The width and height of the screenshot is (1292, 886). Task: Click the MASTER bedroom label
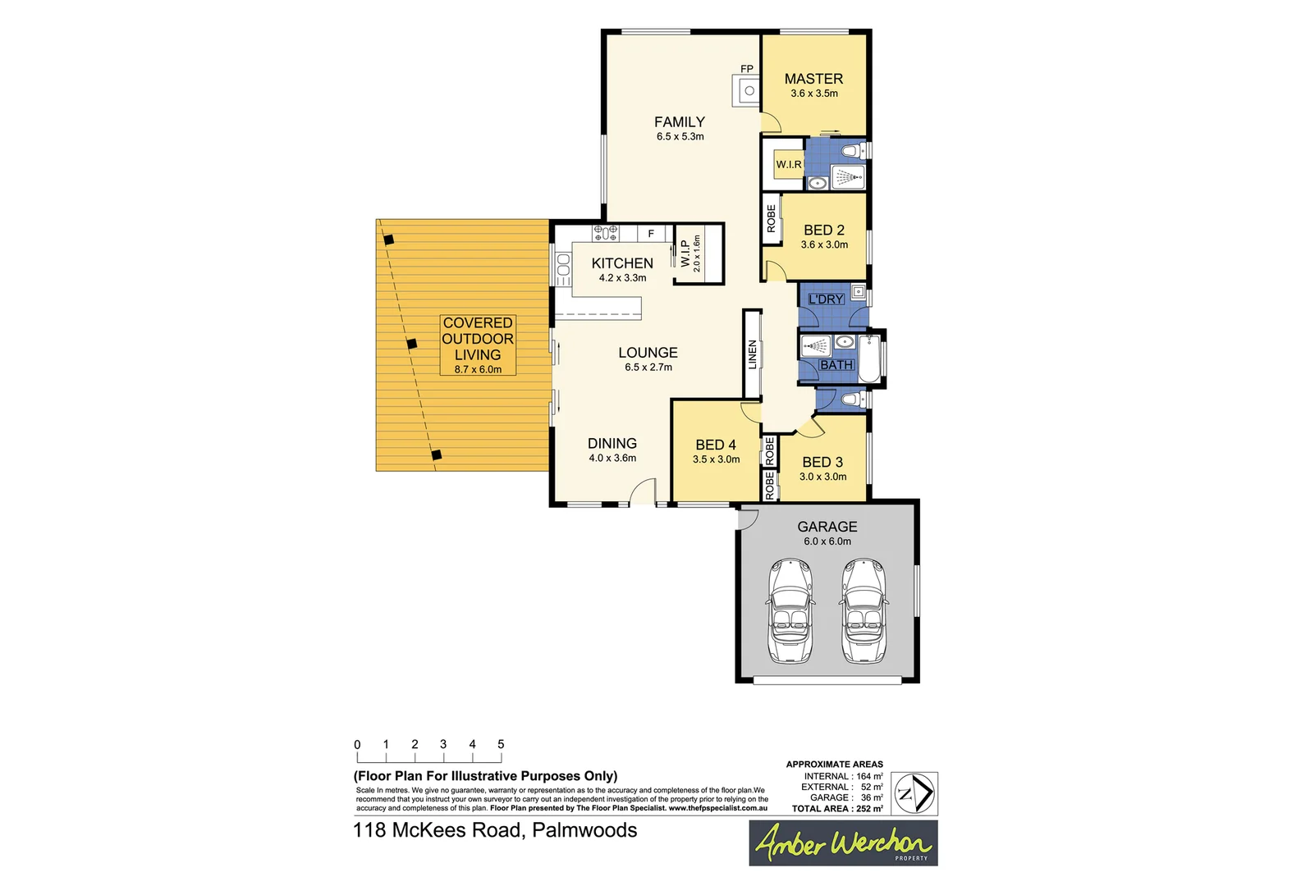pyautogui.click(x=813, y=80)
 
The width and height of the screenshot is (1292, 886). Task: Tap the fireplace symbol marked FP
pyautogui.click(x=748, y=90)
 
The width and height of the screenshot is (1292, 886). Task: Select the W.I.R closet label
pyautogui.click(x=789, y=165)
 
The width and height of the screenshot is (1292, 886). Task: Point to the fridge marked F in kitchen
pyautogui.click(x=652, y=234)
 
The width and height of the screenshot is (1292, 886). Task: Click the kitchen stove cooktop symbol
pyautogui.click(x=606, y=233)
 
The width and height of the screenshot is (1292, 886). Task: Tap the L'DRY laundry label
pyautogui.click(x=826, y=299)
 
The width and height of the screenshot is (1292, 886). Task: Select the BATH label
pyautogui.click(x=836, y=365)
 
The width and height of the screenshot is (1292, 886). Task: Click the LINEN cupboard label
pyautogui.click(x=752, y=354)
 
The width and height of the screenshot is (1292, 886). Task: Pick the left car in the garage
pyautogui.click(x=790, y=611)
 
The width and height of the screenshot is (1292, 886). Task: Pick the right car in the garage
pyautogui.click(x=863, y=611)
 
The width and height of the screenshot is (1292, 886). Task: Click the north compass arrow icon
pyautogui.click(x=914, y=793)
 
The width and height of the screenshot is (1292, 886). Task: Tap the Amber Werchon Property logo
pyautogui.click(x=843, y=843)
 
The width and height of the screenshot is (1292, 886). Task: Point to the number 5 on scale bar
pyautogui.click(x=501, y=744)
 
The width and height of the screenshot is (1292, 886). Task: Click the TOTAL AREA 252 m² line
pyautogui.click(x=837, y=809)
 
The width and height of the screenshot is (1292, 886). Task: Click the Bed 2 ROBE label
pyautogui.click(x=771, y=219)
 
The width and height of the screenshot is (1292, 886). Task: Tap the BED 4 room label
pyautogui.click(x=716, y=445)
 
